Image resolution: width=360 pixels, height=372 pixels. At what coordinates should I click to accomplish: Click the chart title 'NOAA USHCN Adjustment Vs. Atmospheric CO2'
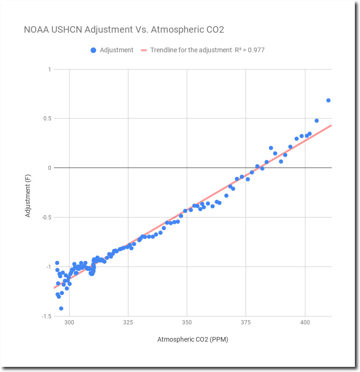124,30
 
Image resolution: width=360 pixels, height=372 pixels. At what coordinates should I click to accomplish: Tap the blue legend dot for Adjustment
93,50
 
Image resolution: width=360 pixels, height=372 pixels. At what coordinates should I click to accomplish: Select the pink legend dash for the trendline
144,50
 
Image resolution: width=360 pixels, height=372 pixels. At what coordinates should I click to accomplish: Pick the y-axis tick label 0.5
47,119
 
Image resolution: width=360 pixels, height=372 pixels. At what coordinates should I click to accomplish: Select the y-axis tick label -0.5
46,217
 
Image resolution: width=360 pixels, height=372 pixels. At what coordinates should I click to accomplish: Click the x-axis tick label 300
69,323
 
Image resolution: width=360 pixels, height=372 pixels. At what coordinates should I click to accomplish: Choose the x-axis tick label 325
128,323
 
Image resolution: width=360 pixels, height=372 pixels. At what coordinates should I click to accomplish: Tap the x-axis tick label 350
187,323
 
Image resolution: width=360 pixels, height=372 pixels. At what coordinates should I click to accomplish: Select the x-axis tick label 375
246,323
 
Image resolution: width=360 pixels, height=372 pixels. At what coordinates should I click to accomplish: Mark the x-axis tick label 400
305,323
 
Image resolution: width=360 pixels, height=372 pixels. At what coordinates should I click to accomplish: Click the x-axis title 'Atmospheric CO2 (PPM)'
193,339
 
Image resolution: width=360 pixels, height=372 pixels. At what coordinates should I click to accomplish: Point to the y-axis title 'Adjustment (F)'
28,193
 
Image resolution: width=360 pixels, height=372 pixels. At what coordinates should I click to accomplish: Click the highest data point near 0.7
328,100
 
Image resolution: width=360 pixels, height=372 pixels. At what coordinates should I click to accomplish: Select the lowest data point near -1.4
61,309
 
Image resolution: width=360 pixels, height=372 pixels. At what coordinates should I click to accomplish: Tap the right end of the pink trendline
331,126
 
